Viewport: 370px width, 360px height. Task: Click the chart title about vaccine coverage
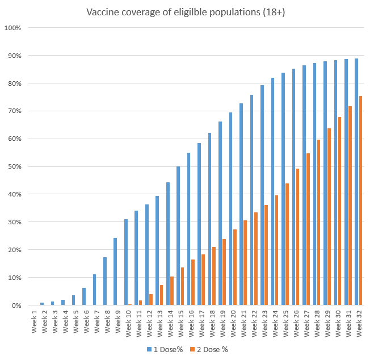coord(185,12)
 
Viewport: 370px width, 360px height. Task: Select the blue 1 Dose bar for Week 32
coord(356,182)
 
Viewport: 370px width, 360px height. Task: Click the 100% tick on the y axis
coord(14,28)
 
